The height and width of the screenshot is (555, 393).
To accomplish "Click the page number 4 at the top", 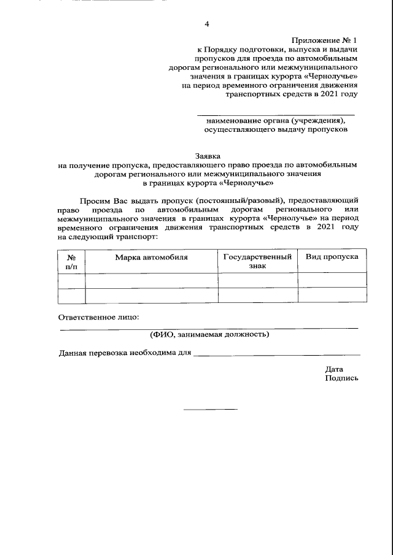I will pyautogui.click(x=206, y=24).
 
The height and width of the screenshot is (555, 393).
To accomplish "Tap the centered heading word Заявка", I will pyautogui.click(x=206, y=156).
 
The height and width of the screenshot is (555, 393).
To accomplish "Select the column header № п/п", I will pyautogui.click(x=71, y=261).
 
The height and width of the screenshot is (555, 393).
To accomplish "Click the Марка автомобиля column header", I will pyautogui.click(x=151, y=257).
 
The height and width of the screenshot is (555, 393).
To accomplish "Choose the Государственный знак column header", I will pyautogui.click(x=257, y=261).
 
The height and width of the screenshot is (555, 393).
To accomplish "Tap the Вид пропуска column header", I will pyautogui.click(x=332, y=257).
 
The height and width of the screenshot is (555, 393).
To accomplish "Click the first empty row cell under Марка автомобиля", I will pyautogui.click(x=151, y=280).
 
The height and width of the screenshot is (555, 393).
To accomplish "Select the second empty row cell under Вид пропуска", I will pyautogui.click(x=332, y=295).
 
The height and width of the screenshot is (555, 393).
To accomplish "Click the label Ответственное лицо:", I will pyautogui.click(x=99, y=317).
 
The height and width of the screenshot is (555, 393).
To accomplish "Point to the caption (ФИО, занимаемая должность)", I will pyautogui.click(x=209, y=334).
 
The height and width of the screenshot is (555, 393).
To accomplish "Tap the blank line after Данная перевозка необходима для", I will pyautogui.click(x=276, y=354).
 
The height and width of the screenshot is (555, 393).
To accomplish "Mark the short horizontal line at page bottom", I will pyautogui.click(x=210, y=409).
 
